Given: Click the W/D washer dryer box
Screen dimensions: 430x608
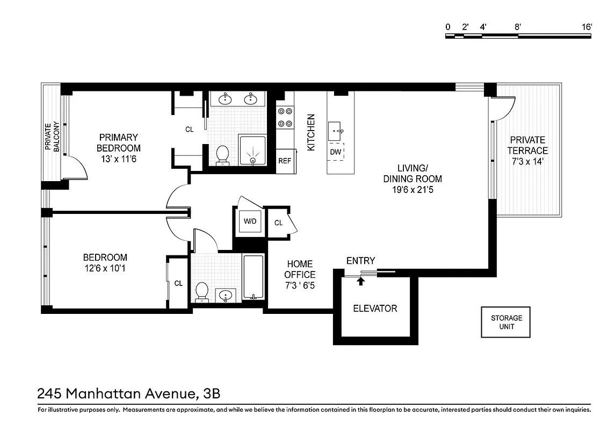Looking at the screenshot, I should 250,221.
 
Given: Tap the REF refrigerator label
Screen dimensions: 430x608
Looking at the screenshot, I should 284,161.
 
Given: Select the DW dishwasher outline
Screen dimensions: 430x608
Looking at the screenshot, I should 336,152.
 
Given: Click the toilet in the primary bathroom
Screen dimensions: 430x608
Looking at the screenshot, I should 222,154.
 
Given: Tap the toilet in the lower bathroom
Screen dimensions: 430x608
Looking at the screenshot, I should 202,291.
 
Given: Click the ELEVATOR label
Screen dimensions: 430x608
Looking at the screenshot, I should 375,309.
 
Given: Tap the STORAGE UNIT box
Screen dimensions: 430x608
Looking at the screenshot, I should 505,322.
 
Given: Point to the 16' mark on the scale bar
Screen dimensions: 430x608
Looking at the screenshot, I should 587,27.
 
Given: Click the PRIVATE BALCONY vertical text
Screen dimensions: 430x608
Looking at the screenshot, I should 52,137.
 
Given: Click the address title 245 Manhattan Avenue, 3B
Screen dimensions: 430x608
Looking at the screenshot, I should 129,393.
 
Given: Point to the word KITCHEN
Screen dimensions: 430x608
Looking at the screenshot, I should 310,132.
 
